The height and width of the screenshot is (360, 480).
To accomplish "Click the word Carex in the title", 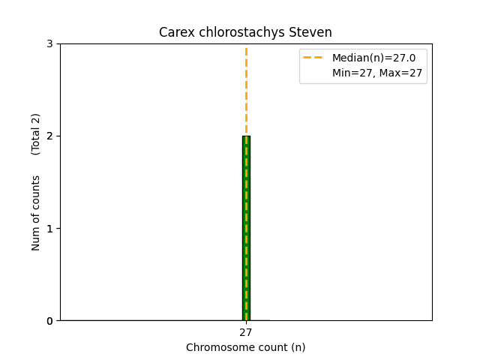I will point(175,32).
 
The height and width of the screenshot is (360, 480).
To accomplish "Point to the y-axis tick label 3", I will point(49,43).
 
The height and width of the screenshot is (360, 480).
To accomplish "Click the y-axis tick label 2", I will point(49,136).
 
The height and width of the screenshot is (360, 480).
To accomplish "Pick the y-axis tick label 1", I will point(49,228).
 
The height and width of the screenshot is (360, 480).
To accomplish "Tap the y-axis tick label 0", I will point(49,321).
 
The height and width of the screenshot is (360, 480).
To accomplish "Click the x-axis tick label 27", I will point(246,332).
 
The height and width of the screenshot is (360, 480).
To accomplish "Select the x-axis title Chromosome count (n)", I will point(246,347).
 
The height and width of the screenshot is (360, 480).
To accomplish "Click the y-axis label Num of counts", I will point(36,213).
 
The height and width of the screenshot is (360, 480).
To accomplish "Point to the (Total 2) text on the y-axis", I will point(36,134).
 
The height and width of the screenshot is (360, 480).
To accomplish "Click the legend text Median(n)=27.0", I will point(368,58).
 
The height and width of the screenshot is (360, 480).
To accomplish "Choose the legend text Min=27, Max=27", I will point(377,73).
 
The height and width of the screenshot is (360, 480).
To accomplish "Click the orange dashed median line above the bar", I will point(246,90).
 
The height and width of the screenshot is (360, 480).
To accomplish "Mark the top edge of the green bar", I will point(246,136).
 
